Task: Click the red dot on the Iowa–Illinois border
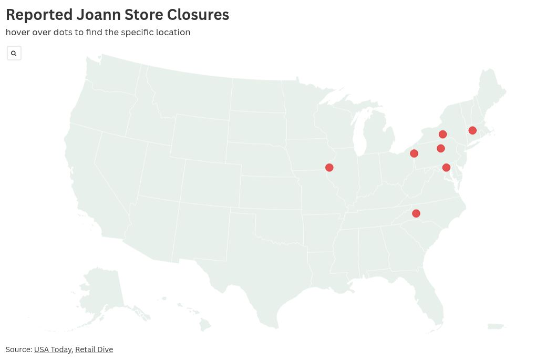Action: [329, 168]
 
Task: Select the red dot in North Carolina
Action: [416, 213]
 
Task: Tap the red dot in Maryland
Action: [446, 168]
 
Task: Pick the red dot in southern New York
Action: [443, 135]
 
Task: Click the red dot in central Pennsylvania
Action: [441, 149]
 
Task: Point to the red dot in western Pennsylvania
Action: [414, 153]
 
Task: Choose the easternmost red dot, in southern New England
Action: [472, 130]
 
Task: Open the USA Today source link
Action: [53, 349]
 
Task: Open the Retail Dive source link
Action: [94, 349]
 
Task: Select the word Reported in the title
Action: [39, 15]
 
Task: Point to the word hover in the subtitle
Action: [17, 32]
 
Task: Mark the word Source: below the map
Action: [19, 349]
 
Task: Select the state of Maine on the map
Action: [492, 89]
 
